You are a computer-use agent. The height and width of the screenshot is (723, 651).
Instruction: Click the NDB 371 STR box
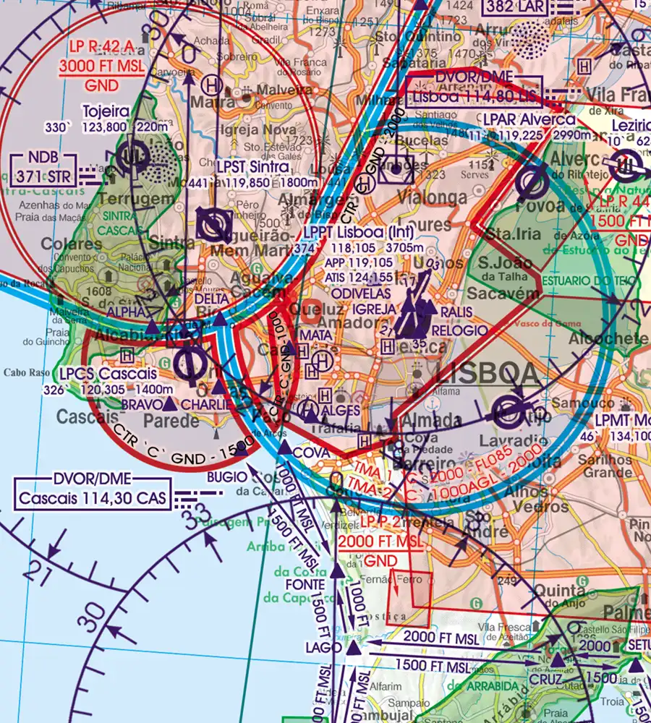click(42, 167)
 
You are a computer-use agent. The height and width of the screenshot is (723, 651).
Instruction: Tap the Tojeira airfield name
click(106, 111)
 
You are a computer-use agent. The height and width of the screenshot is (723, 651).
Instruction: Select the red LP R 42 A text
click(101, 48)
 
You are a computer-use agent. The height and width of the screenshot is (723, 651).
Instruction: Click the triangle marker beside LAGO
click(353, 650)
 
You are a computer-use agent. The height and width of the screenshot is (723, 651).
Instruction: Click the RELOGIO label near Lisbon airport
click(460, 330)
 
